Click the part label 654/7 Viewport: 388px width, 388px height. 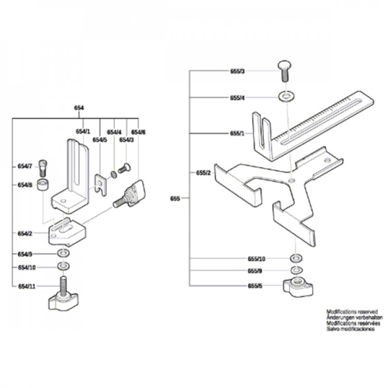tap(25, 166)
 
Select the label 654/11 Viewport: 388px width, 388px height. tap(27, 286)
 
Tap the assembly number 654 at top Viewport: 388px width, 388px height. tap(79, 108)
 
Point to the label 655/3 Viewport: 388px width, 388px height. tap(237, 71)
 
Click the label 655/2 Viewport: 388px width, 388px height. tap(203, 173)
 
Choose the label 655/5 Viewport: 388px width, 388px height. tap(255, 286)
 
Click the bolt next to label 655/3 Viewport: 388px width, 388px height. tap(285, 71)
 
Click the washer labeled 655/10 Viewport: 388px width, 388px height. tap(296, 259)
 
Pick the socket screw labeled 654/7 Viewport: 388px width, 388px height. tap(43, 168)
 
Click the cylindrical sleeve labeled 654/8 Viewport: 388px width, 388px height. tap(43, 185)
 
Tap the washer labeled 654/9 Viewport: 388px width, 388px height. tap(63, 253)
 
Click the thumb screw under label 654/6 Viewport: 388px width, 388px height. tap(129, 194)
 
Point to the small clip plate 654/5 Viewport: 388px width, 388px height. tap(101, 185)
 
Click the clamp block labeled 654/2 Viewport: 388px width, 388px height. tap(67, 232)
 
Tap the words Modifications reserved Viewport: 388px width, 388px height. tap(352, 312)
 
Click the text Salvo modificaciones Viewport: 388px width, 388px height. tap(350, 329)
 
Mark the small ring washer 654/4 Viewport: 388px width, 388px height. tap(114, 175)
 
